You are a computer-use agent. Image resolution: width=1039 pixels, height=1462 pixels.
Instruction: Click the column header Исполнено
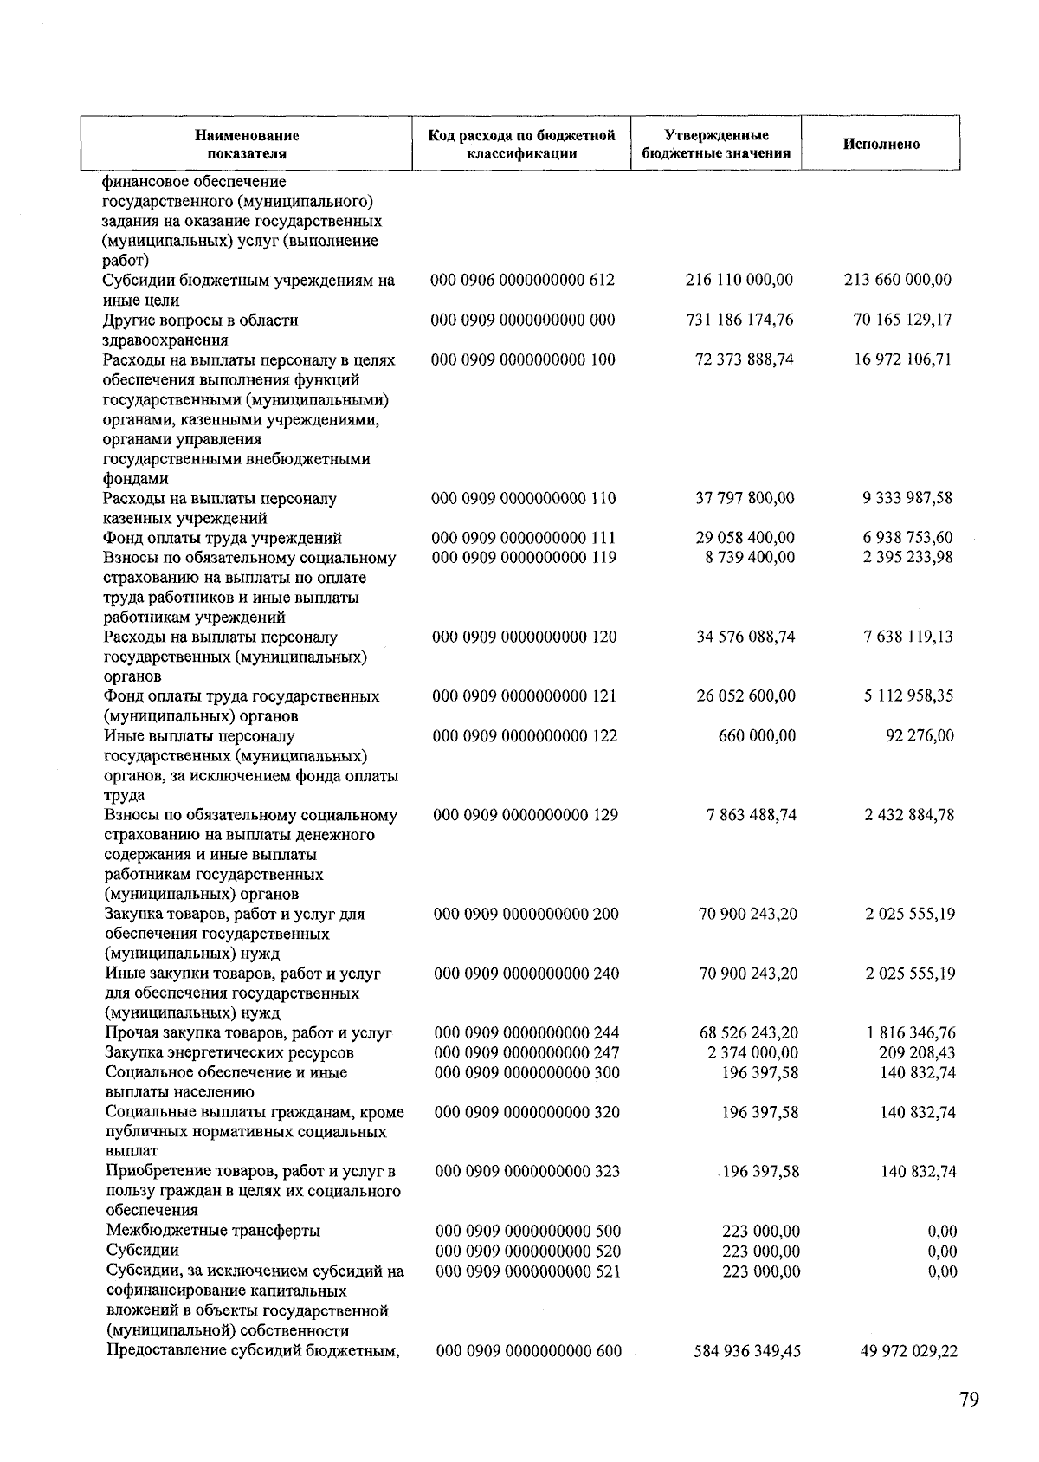[x=881, y=145]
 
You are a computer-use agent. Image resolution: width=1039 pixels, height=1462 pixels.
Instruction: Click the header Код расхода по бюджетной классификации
[x=521, y=145]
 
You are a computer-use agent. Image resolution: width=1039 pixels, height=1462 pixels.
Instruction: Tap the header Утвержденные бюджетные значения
[x=716, y=145]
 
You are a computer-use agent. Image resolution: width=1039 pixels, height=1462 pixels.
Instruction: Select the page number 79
[x=969, y=1401]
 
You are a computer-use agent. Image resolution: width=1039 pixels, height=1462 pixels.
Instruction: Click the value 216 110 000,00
[x=739, y=281]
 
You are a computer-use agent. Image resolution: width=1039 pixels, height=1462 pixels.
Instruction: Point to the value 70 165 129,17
[x=902, y=320]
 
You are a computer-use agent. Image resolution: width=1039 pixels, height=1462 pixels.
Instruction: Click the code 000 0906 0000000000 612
[x=523, y=281]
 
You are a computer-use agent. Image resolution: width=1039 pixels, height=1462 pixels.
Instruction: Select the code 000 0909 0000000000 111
[x=524, y=539]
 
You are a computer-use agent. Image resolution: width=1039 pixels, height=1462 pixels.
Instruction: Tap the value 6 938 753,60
[x=907, y=539]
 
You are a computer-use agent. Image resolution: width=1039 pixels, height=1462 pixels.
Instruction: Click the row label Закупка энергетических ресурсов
[x=229, y=1053]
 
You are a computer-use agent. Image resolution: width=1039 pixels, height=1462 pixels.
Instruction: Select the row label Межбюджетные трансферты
[x=213, y=1232]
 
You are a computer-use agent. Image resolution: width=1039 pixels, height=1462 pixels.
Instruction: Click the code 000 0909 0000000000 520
[x=528, y=1252]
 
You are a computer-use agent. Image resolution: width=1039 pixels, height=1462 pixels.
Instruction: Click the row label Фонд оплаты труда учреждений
[x=223, y=539]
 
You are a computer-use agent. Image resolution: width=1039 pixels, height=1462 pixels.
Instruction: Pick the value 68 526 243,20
[x=748, y=1033]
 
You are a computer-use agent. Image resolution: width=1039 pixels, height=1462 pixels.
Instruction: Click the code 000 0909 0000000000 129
[x=526, y=816]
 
